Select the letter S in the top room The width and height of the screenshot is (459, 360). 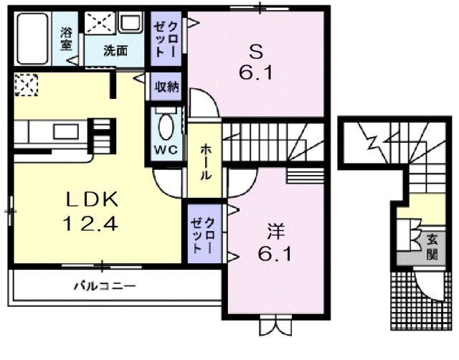click(x=257, y=52)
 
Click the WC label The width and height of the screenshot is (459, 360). click(x=165, y=151)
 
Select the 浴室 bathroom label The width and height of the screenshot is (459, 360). click(x=67, y=39)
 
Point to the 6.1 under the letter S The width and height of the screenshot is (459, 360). click(x=256, y=73)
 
